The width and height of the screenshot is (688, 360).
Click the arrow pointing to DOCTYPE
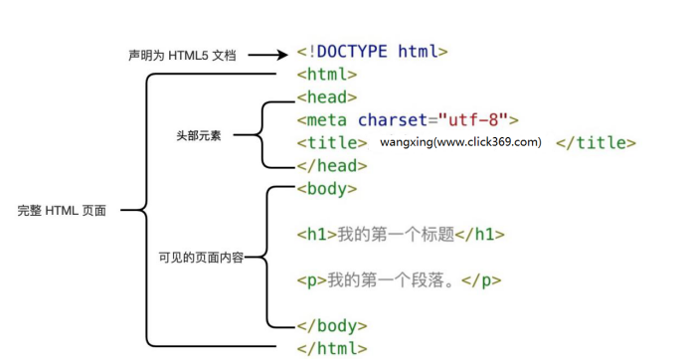(267, 55)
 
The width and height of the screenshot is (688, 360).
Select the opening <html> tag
(327, 75)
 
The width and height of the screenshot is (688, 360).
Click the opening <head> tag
(327, 97)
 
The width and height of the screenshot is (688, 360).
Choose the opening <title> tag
(332, 143)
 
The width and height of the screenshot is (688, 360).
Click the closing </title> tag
(596, 143)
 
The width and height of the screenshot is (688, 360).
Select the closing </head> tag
(332, 166)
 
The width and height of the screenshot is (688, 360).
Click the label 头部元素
(198, 134)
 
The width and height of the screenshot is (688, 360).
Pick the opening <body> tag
(327, 189)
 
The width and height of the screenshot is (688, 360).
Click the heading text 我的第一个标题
(396, 235)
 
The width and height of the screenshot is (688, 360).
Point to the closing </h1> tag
(480, 235)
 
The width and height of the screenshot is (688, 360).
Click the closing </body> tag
(332, 326)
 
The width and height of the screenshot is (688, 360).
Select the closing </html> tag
(332, 348)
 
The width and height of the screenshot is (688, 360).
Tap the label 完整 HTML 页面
(62, 211)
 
